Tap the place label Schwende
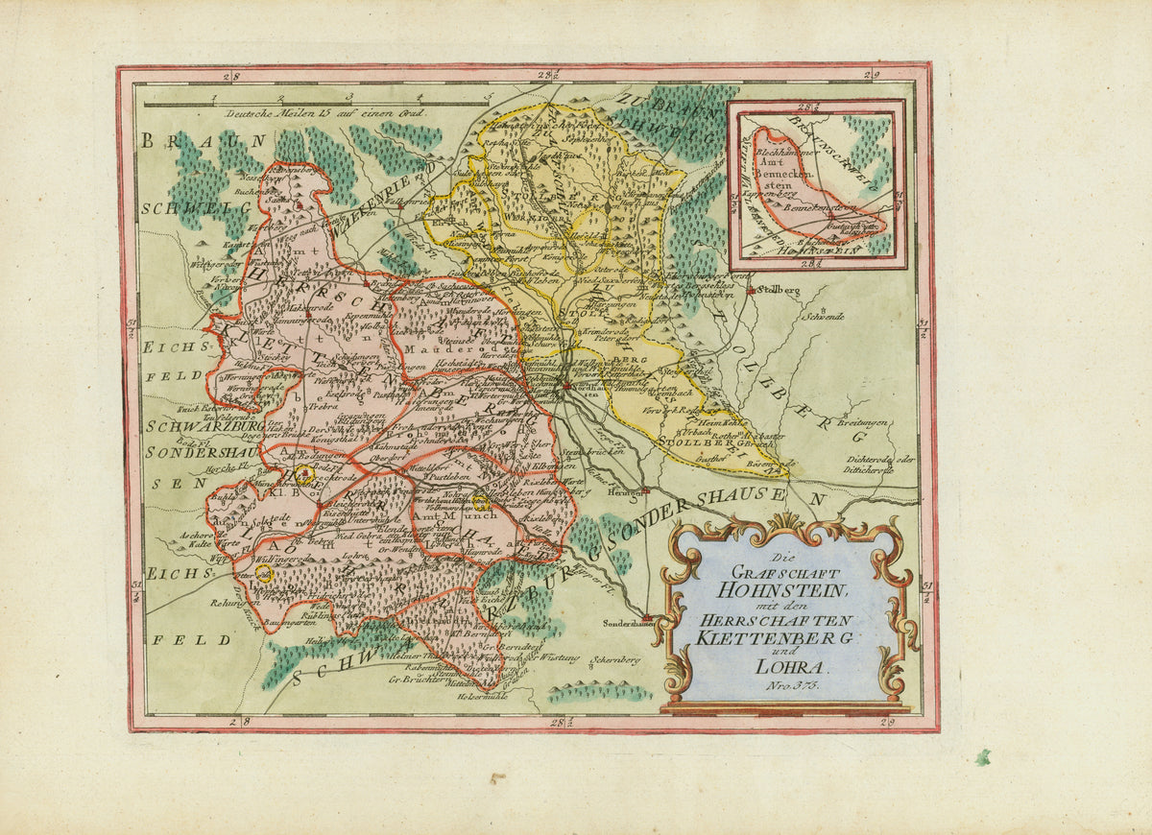[825, 316]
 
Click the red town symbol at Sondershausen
[648, 618]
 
